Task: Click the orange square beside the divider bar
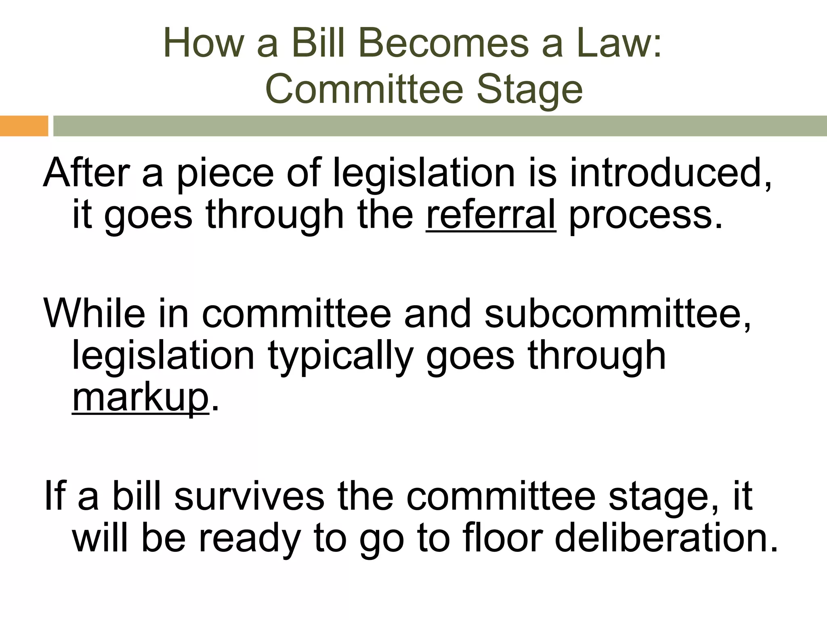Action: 24,126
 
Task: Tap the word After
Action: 86,173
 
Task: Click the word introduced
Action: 670,173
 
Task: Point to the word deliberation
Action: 666,538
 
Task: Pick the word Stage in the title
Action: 529,90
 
